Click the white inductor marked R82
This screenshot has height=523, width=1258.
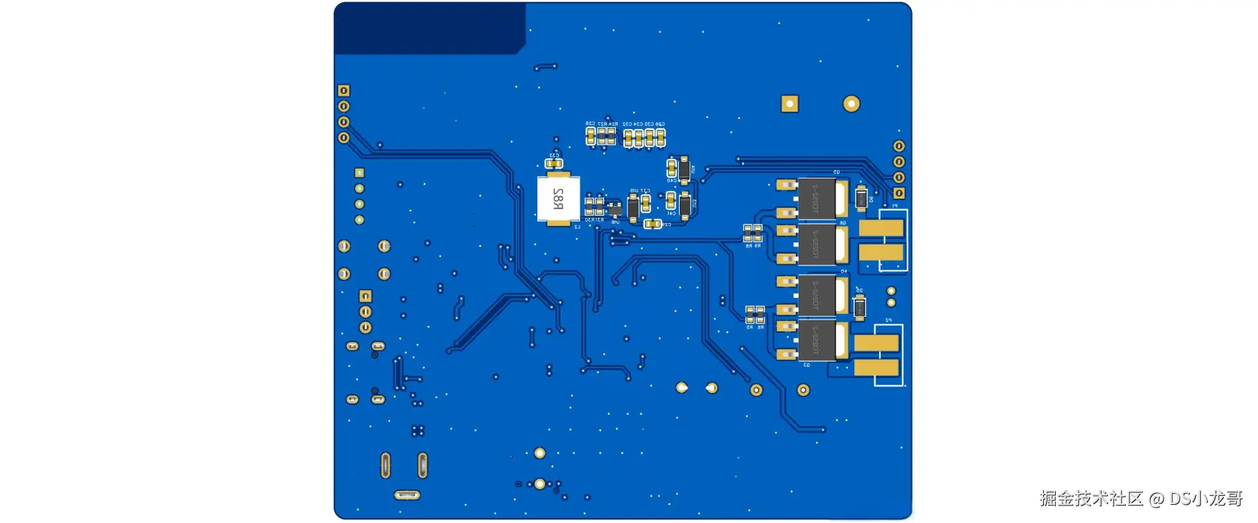coord(558,199)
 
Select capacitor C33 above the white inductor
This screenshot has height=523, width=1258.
coord(553,164)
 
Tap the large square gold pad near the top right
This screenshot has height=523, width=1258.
coord(790,104)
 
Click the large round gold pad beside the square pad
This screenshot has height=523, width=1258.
coord(851,104)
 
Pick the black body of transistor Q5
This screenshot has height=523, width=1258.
coord(817,199)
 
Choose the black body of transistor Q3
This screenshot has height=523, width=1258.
coord(817,340)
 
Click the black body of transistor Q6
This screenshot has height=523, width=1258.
coord(817,244)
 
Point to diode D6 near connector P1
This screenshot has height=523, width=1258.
coord(861,198)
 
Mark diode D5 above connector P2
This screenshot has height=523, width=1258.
coord(860,306)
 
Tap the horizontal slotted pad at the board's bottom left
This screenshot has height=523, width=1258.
coord(407,495)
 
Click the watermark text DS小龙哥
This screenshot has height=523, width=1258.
coord(1206,498)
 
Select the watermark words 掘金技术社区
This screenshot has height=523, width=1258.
coord(1091,498)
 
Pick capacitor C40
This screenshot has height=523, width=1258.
coord(671,168)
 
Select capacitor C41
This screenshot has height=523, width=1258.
coord(671,201)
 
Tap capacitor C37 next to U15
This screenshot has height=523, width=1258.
coord(646,203)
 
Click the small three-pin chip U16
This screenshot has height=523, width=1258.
coord(614,209)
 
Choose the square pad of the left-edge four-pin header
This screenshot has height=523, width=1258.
coord(343,91)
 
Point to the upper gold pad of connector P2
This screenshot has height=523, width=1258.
coord(876,342)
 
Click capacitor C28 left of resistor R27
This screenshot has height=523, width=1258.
coord(591,135)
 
